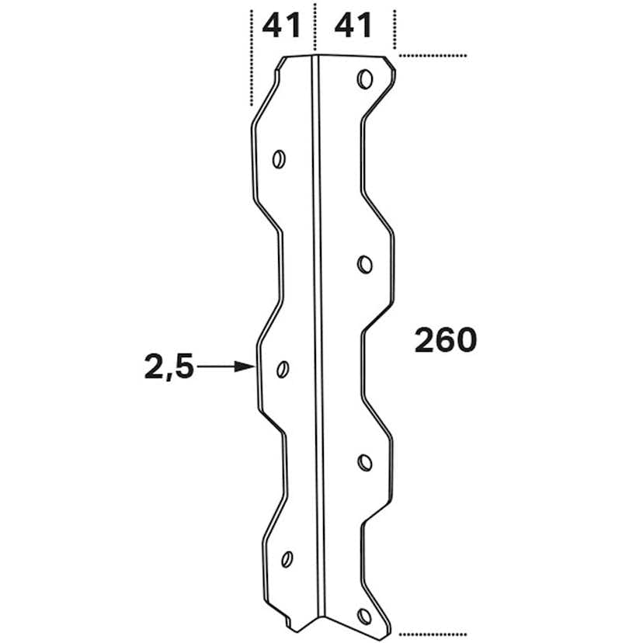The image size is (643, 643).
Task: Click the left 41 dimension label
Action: click(x=281, y=27)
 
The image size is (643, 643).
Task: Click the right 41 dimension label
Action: click(x=353, y=27)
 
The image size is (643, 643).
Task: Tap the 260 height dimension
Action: click(x=445, y=340)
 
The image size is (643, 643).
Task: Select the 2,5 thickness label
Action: click(x=169, y=367)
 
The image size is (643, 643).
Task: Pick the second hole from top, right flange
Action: click(x=364, y=265)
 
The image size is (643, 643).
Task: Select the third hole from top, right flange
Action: click(x=364, y=463)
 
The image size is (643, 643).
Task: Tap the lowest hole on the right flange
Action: click(x=364, y=617)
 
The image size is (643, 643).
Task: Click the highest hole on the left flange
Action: click(x=279, y=159)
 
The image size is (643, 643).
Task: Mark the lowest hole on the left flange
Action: click(x=287, y=558)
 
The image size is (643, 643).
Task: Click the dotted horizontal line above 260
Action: click(x=433, y=56)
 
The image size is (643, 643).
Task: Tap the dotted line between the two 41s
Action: click(x=314, y=27)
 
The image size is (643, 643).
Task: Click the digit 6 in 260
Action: click(x=445, y=340)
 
